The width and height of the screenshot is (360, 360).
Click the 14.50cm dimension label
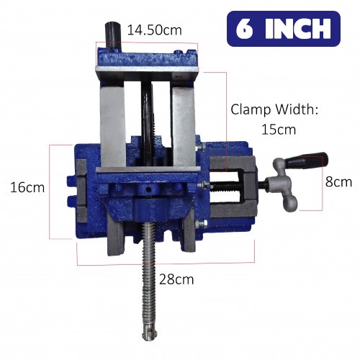pos(154,30)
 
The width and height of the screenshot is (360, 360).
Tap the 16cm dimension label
pos(27,187)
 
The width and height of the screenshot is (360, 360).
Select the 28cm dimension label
pos(176,279)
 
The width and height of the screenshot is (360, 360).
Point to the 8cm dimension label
pos(338,181)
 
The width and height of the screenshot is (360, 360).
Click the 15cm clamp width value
pos(279,130)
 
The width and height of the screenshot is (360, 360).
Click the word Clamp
pos(251,110)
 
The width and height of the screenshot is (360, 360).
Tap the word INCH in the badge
pos(297,29)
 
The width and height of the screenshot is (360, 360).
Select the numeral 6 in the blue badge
pos(244,29)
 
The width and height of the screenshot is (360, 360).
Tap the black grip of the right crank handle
pos(307,160)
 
